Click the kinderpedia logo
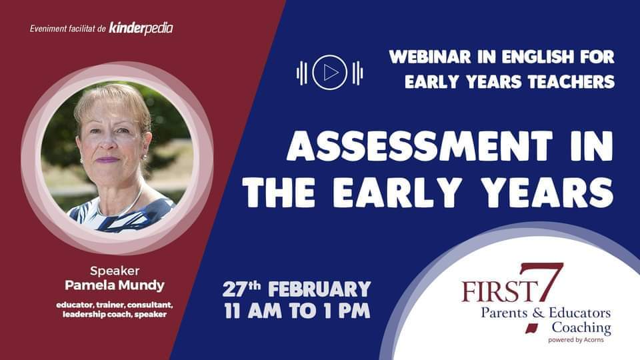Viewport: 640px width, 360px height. [141, 29]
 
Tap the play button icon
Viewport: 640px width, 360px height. [330, 73]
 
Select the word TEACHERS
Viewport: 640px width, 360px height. [571, 81]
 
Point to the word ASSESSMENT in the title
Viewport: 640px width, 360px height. [419, 146]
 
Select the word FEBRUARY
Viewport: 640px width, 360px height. [319, 289]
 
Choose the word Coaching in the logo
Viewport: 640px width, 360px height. [581, 327]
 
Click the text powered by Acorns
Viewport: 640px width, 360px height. [576, 339]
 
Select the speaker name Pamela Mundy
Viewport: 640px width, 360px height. [115, 285]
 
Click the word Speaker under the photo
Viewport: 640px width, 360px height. [115, 271]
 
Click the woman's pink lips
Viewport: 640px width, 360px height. [108, 159]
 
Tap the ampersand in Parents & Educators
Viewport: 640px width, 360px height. [539, 313]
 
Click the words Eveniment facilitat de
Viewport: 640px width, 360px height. [68, 29]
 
